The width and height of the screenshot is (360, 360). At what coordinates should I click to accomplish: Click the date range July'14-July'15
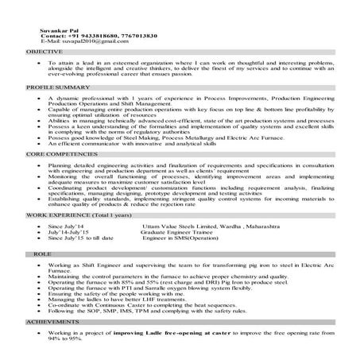(71, 232)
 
